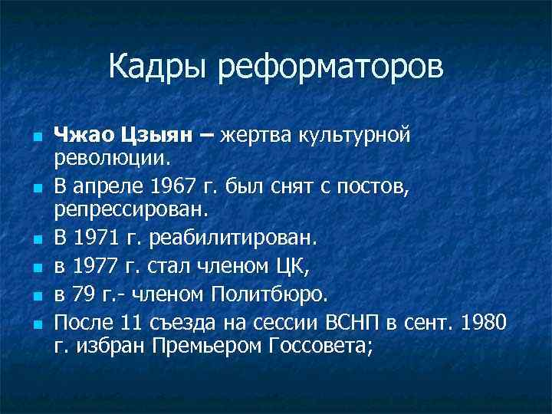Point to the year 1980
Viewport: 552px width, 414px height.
[484, 320]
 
